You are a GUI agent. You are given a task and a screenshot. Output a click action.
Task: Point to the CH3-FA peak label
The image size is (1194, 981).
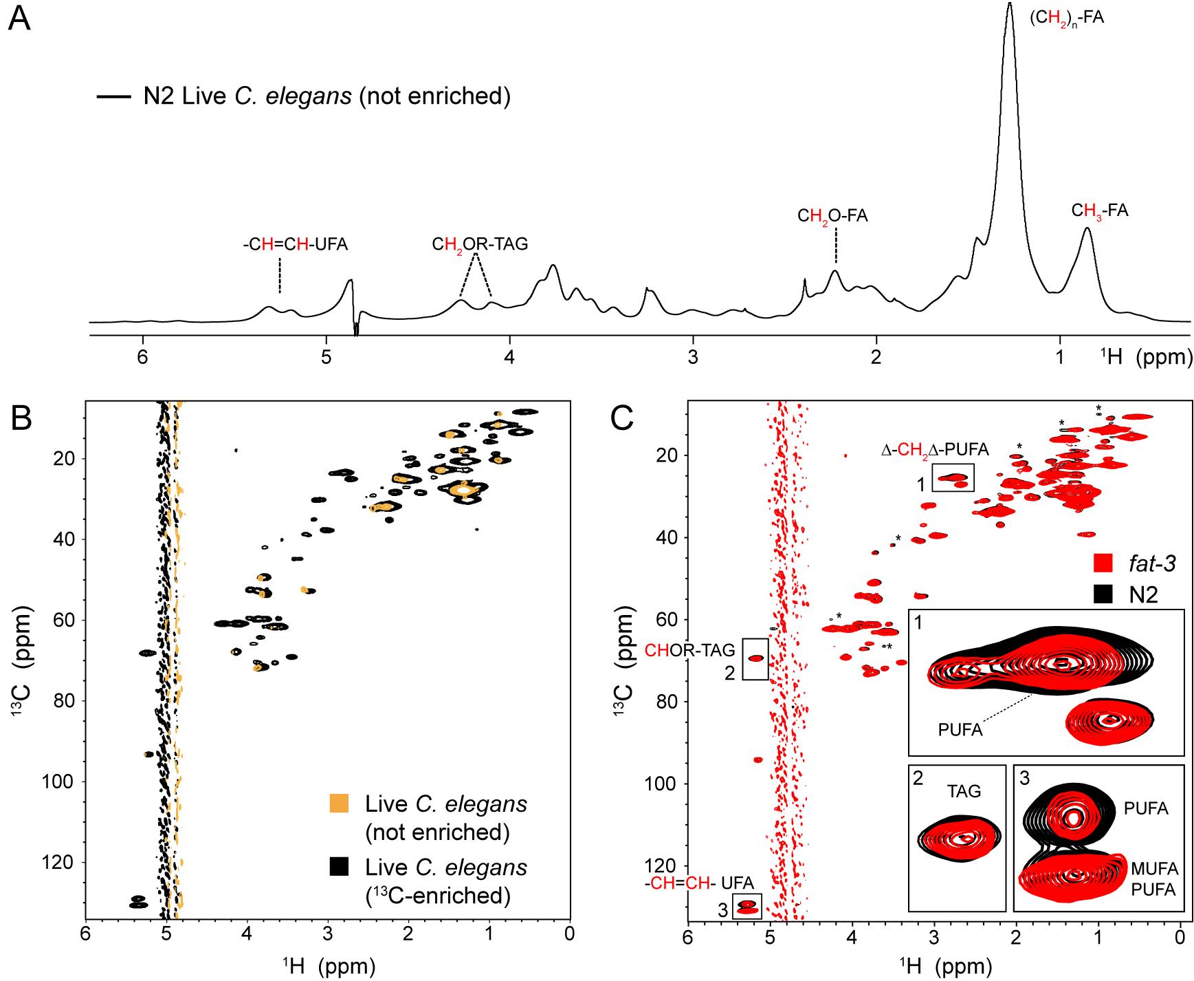1100,211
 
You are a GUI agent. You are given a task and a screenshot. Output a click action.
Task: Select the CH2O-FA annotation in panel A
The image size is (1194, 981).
832,216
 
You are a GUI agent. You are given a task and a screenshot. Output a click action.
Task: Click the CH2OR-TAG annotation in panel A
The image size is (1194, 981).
480,244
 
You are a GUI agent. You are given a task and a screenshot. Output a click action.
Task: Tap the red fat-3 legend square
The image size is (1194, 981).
1102,563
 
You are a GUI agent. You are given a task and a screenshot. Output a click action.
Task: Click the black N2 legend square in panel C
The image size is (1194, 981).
1102,594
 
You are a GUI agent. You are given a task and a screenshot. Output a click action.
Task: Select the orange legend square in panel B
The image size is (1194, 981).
340,804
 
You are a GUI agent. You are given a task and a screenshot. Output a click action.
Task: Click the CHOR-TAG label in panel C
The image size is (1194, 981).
689,650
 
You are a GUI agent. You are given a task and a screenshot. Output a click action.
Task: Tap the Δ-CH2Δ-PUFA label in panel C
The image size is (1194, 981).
936,451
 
